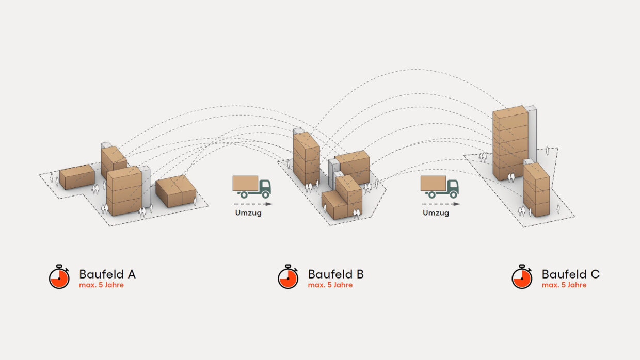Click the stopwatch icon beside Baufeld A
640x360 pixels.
click(x=59, y=277)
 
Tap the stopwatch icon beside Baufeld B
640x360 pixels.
click(x=288, y=277)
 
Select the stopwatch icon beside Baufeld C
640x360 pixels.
click(x=521, y=277)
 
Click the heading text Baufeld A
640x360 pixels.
click(x=107, y=274)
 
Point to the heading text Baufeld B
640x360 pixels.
click(x=335, y=274)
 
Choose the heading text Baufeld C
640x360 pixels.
click(x=570, y=274)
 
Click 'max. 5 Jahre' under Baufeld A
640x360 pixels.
click(x=101, y=285)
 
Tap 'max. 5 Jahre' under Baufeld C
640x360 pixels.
click(x=564, y=285)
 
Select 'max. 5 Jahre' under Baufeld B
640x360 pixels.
click(x=330, y=285)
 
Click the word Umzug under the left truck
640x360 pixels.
click(x=248, y=213)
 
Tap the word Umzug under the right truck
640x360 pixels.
click(x=436, y=213)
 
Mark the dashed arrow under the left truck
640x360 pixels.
click(x=252, y=204)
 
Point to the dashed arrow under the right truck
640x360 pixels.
click(x=440, y=204)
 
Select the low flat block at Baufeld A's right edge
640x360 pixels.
click(x=176, y=191)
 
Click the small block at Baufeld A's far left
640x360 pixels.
click(x=77, y=176)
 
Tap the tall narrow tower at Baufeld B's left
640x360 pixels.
click(x=306, y=157)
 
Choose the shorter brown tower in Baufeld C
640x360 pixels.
click(x=536, y=189)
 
